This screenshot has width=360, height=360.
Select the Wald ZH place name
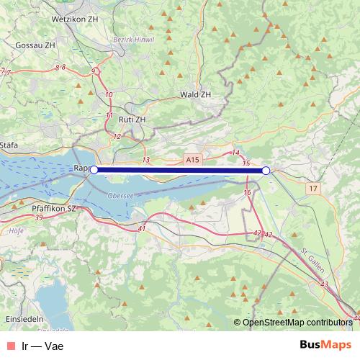click(x=195, y=94)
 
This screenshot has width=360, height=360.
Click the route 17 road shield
click(x=312, y=188)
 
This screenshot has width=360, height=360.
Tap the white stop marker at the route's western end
click(x=94, y=170)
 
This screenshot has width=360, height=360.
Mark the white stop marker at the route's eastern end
click(x=266, y=171)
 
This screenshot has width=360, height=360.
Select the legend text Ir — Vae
click(x=44, y=345)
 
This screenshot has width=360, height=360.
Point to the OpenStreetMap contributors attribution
click(x=297, y=322)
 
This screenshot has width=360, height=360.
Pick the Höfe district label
click(x=14, y=231)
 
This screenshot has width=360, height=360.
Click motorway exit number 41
click(x=142, y=229)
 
